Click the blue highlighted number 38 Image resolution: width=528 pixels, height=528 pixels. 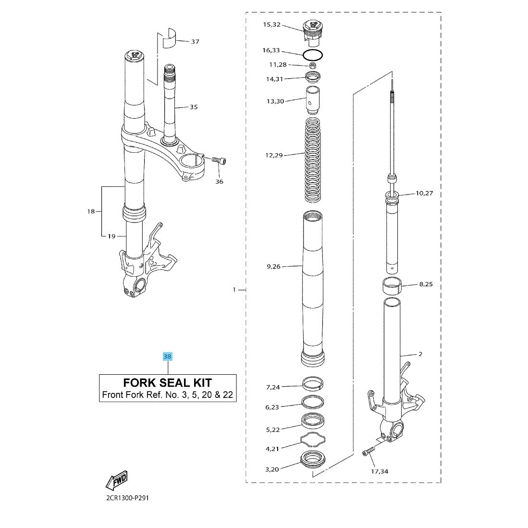click(x=167, y=356)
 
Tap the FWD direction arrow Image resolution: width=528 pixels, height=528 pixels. click(x=117, y=480)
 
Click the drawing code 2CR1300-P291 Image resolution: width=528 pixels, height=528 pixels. click(x=127, y=498)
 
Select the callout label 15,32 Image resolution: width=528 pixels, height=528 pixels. click(x=271, y=25)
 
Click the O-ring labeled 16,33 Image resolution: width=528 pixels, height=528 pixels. click(x=313, y=54)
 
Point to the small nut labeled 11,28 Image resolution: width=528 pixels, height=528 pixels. click(x=313, y=66)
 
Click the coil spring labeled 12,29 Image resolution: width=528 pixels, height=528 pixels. click(x=313, y=160)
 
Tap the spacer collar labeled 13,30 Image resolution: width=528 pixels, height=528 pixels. click(x=312, y=100)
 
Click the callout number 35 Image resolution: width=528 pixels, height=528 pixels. click(x=194, y=107)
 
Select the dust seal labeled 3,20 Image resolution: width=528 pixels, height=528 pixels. click(x=313, y=459)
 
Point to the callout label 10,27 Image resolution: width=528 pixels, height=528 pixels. click(x=424, y=193)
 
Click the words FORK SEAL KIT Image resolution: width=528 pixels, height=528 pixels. click(x=167, y=383)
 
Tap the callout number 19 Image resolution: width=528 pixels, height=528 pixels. click(x=111, y=236)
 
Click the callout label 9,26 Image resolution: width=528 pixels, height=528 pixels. click(x=273, y=267)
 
